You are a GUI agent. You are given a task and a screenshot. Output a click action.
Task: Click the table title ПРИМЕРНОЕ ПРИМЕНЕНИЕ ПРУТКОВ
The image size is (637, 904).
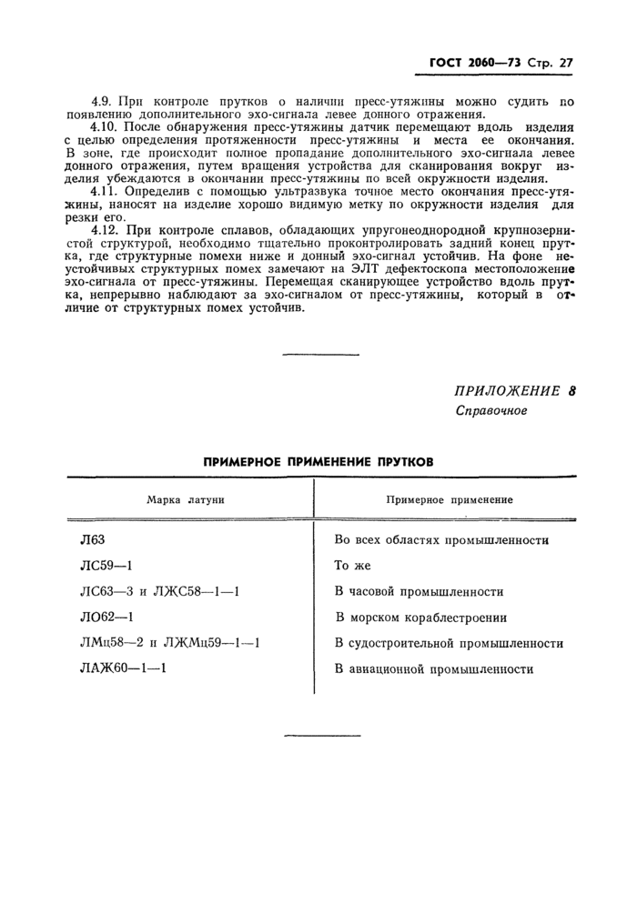318,461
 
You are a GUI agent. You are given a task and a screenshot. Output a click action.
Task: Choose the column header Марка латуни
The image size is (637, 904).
186,499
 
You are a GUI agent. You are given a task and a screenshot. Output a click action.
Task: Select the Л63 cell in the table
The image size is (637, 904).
93,539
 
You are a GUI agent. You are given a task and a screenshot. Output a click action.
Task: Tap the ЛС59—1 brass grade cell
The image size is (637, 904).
106,565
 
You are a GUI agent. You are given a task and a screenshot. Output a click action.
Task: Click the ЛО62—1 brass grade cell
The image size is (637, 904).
107,618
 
